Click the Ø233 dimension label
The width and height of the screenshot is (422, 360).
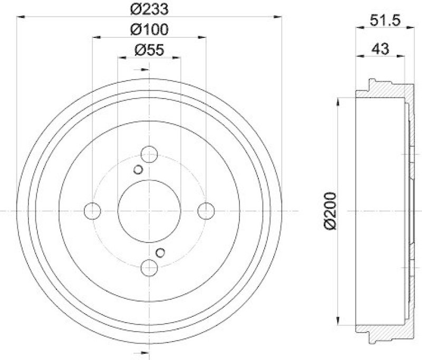pos(149,9)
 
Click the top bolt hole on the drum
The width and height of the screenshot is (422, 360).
pos(149,155)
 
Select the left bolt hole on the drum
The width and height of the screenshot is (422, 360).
pos(92,211)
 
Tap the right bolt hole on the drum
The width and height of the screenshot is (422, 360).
pos(206,211)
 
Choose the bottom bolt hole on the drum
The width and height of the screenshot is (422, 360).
pos(149,267)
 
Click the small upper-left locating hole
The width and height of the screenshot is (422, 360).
pos(138,170)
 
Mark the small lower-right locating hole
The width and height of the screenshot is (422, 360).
pos(161,252)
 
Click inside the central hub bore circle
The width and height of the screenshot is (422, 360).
pos(149,211)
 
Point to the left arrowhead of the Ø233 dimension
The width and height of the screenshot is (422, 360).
pos(20,18)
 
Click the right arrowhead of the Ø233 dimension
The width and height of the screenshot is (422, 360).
pos(278,18)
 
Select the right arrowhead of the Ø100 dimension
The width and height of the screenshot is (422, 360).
pos(203,37)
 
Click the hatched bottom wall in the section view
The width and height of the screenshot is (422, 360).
pos(382,329)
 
